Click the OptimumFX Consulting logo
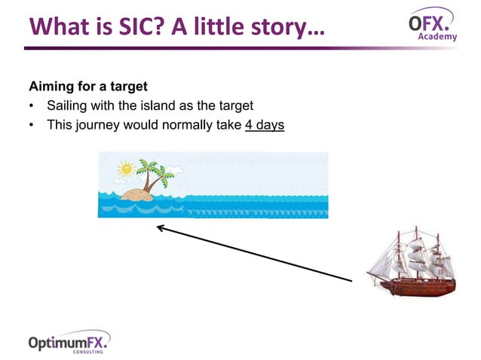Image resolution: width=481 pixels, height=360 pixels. [x=69, y=343]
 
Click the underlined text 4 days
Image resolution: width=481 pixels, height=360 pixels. [x=265, y=124]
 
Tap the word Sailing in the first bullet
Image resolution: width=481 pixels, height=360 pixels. [x=69, y=105]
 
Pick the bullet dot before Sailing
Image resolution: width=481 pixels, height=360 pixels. [x=32, y=105]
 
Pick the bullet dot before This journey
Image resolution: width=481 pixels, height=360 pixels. [x=32, y=124]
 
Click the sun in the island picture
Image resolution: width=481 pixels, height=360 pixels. [x=124, y=168]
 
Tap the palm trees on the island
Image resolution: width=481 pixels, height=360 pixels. [x=155, y=174]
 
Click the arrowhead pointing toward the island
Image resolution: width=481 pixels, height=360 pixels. [x=161, y=227]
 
